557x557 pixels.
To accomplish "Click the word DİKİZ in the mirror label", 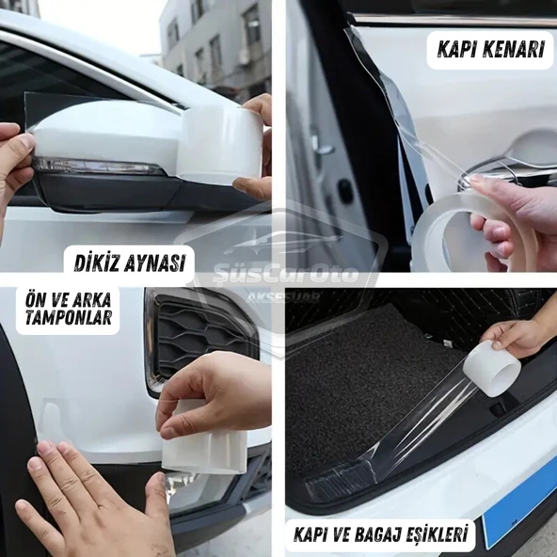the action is (x=94, y=263).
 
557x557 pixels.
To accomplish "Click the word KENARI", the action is (x=513, y=49).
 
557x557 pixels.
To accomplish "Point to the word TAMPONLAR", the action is (x=69, y=317).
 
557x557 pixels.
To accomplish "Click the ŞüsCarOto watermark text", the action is (x=285, y=274).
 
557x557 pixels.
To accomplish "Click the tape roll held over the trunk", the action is (x=491, y=368).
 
